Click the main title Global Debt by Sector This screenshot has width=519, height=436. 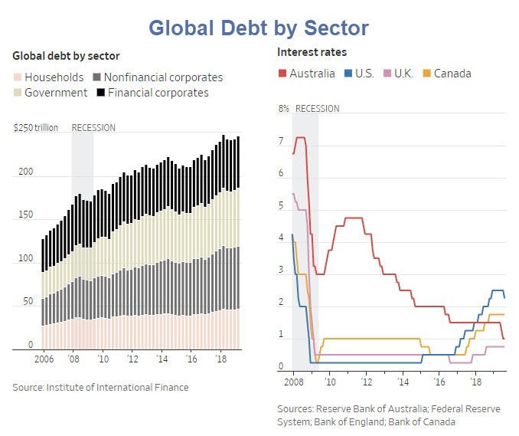tap(259, 28)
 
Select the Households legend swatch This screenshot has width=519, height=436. tap(17, 77)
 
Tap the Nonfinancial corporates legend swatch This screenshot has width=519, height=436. tap(96, 77)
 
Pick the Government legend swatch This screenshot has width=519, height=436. tap(17, 93)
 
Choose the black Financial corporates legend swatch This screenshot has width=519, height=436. tap(100, 93)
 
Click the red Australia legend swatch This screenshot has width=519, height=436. tap(282, 74)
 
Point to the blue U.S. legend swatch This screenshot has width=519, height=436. tap(348, 74)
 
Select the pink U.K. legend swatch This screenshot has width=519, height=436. tap(387, 74)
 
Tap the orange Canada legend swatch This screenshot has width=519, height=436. tap(427, 74)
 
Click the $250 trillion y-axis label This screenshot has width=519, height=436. tap(36, 127)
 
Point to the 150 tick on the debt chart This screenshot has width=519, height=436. tap(25, 215)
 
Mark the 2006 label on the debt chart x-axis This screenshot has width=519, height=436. tap(44, 359)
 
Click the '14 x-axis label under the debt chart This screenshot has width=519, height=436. tap(162, 359)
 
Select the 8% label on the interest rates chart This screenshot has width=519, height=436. tap(284, 109)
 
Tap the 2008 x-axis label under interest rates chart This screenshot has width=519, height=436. tap(294, 382)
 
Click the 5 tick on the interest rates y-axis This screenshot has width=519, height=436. tap(281, 205)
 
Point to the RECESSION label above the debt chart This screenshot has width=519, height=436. tap(93, 127)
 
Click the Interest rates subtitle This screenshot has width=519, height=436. tap(312, 52)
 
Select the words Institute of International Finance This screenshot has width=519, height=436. tap(118, 387)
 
